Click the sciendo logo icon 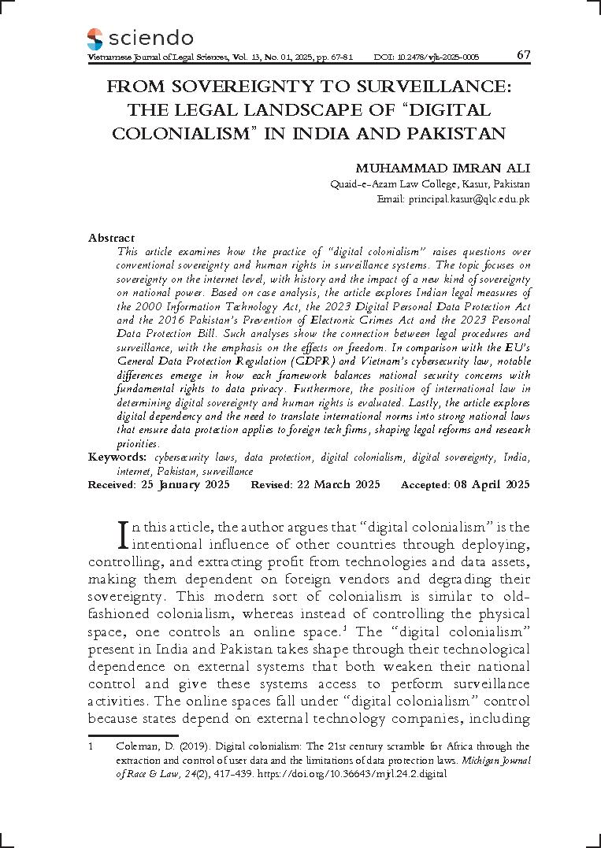95,39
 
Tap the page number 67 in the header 523,55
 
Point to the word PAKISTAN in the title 456,132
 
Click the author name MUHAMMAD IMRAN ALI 443,168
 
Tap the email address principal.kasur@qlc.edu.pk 469,200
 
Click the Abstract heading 111,238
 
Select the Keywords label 117,457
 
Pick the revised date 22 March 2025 338,484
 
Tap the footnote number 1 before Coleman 91,746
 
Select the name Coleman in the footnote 135,746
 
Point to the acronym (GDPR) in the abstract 296,361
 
